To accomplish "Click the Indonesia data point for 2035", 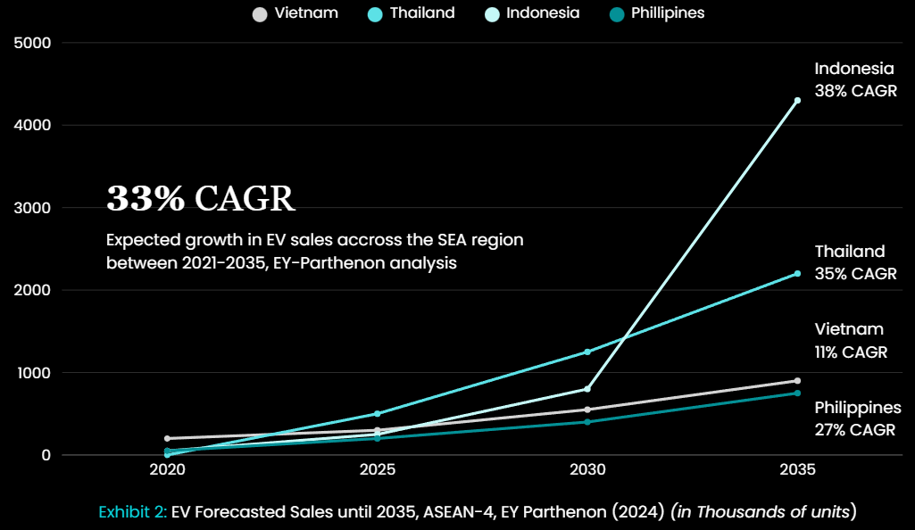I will tap(797, 101).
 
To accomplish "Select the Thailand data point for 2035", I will tap(797, 273).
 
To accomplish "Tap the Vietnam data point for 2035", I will tap(797, 381).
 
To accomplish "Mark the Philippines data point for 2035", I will tap(797, 393).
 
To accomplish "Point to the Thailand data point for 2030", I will tap(586, 352).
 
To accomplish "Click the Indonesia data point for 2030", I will tap(586, 389).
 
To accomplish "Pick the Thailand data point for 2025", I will tap(378, 413).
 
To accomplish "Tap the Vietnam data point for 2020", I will tap(167, 438).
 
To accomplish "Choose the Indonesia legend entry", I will tap(531, 13).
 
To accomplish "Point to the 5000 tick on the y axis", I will tap(33, 43).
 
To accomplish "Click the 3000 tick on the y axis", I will tap(33, 208).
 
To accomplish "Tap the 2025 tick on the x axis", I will tap(378, 469).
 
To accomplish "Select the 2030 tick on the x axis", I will tap(586, 469).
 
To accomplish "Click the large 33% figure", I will tap(145, 199).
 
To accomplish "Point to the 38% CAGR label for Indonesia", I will tap(855, 91).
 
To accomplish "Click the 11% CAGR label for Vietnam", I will tap(851, 352).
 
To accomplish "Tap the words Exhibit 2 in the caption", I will tap(132, 512).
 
